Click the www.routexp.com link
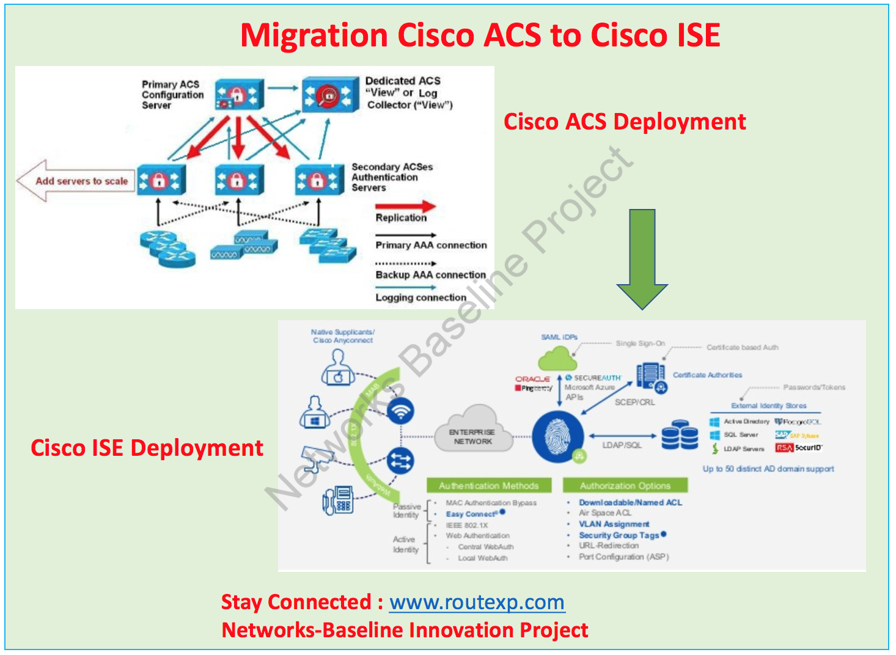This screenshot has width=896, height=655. pos(477,602)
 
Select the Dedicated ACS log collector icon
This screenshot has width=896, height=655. pos(330,95)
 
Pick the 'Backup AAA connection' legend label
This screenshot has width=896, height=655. pos(430,275)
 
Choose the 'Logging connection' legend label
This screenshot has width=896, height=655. pos(420,298)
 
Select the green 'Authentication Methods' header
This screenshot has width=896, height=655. pos(488,486)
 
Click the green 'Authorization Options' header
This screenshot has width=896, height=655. pos(625,486)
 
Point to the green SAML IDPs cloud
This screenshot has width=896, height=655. pos(557,358)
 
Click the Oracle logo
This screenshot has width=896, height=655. pos(532,379)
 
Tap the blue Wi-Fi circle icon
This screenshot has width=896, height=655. pos(400,411)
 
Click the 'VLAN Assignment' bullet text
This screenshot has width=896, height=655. pos(614,524)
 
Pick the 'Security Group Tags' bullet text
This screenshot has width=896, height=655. pos(619,535)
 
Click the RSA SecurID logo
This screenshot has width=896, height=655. pos(798,448)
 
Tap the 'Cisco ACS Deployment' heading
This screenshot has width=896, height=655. pos(624,122)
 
